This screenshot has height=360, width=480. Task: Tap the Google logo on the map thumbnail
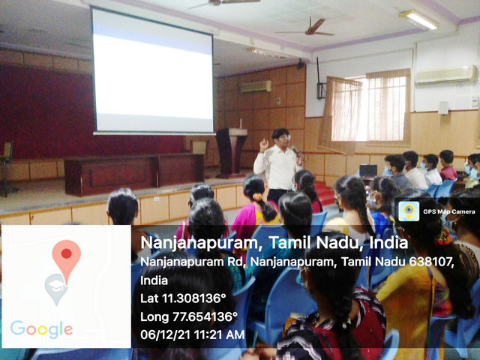click(x=42, y=329)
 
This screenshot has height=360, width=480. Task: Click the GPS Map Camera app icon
click(x=409, y=211)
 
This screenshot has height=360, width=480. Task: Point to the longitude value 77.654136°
click(x=205, y=316)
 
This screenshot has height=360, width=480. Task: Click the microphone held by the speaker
click(x=295, y=150)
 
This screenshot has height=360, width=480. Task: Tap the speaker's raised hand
click(x=263, y=144)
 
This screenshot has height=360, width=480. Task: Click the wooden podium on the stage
click(x=232, y=152)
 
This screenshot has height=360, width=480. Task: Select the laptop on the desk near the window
click(x=368, y=171)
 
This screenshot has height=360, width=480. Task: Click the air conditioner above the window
click(x=445, y=75)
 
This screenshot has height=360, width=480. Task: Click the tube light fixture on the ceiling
click(x=418, y=20)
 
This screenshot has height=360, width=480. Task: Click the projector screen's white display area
click(x=153, y=71)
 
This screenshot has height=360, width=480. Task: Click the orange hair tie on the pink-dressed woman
click(x=258, y=196)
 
